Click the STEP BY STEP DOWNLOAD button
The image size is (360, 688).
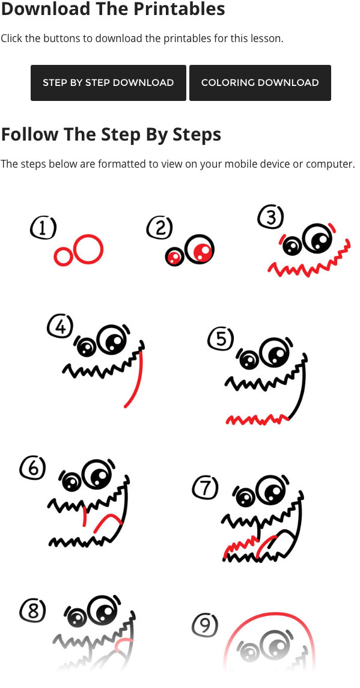(x=108, y=82)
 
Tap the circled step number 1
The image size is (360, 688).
(x=43, y=229)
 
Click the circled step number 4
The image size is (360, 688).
(x=60, y=326)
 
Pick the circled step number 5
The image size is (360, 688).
(x=221, y=339)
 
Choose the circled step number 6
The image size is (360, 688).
(x=32, y=468)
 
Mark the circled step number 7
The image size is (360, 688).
(x=205, y=488)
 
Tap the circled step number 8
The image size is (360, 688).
(x=32, y=610)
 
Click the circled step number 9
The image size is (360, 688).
(x=205, y=626)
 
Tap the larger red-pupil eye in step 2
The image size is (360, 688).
(x=200, y=249)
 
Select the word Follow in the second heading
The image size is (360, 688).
(x=30, y=134)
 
